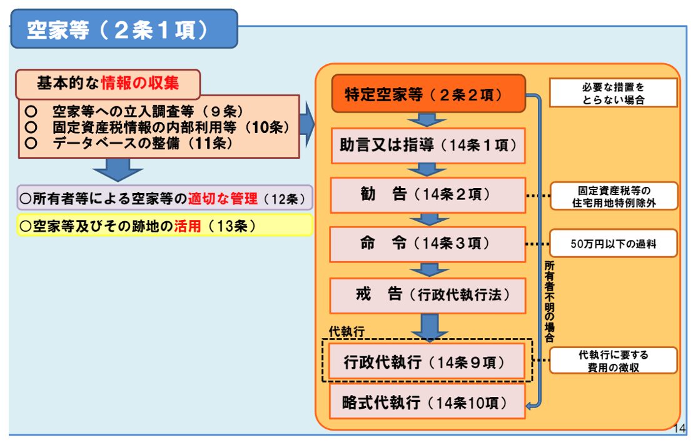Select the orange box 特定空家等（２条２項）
tap(428, 94)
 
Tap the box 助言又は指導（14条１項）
tap(428, 146)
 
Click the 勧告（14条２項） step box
tap(428, 194)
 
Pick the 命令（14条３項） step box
tap(428, 244)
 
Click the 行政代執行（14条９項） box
tap(428, 361)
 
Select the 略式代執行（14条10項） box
tap(428, 402)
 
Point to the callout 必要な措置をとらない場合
tap(613, 93)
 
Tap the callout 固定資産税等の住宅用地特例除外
tap(613, 196)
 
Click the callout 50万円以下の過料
tap(613, 244)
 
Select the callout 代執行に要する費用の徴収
tap(613, 361)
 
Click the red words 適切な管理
tap(223, 199)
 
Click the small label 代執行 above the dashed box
tap(346, 332)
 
